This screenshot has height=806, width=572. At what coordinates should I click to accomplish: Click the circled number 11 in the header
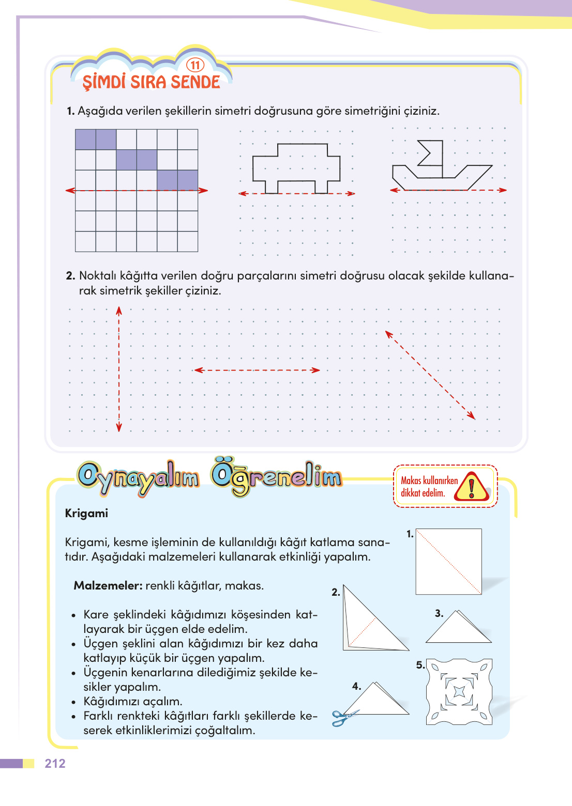pyautogui.click(x=195, y=65)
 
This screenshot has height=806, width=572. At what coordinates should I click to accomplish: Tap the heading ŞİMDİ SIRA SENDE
pyautogui.click(x=151, y=82)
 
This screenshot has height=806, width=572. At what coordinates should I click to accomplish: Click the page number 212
pyautogui.click(x=55, y=764)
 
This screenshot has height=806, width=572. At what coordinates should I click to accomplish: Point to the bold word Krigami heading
pyautogui.click(x=86, y=513)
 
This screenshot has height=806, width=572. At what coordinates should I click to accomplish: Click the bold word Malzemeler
pyautogui.click(x=108, y=585)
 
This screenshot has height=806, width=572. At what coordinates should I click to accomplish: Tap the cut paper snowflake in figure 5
pyautogui.click(x=459, y=691)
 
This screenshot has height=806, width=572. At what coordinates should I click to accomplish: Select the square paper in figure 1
pyautogui.click(x=448, y=561)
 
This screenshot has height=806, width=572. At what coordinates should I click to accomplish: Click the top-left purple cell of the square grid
pyautogui.click(x=86, y=139)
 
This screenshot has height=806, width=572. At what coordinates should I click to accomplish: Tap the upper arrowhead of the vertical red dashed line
pyautogui.click(x=119, y=310)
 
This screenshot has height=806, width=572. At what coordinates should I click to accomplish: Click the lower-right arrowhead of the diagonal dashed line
pyautogui.click(x=471, y=415)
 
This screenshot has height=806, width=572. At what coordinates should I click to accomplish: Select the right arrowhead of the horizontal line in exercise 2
pyautogui.click(x=315, y=370)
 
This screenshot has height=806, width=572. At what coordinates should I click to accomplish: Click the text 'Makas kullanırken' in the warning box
pyautogui.click(x=429, y=481)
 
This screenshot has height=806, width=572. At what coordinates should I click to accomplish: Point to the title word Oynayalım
pyautogui.click(x=138, y=478)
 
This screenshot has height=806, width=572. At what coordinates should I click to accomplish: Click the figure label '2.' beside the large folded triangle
pyautogui.click(x=336, y=592)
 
